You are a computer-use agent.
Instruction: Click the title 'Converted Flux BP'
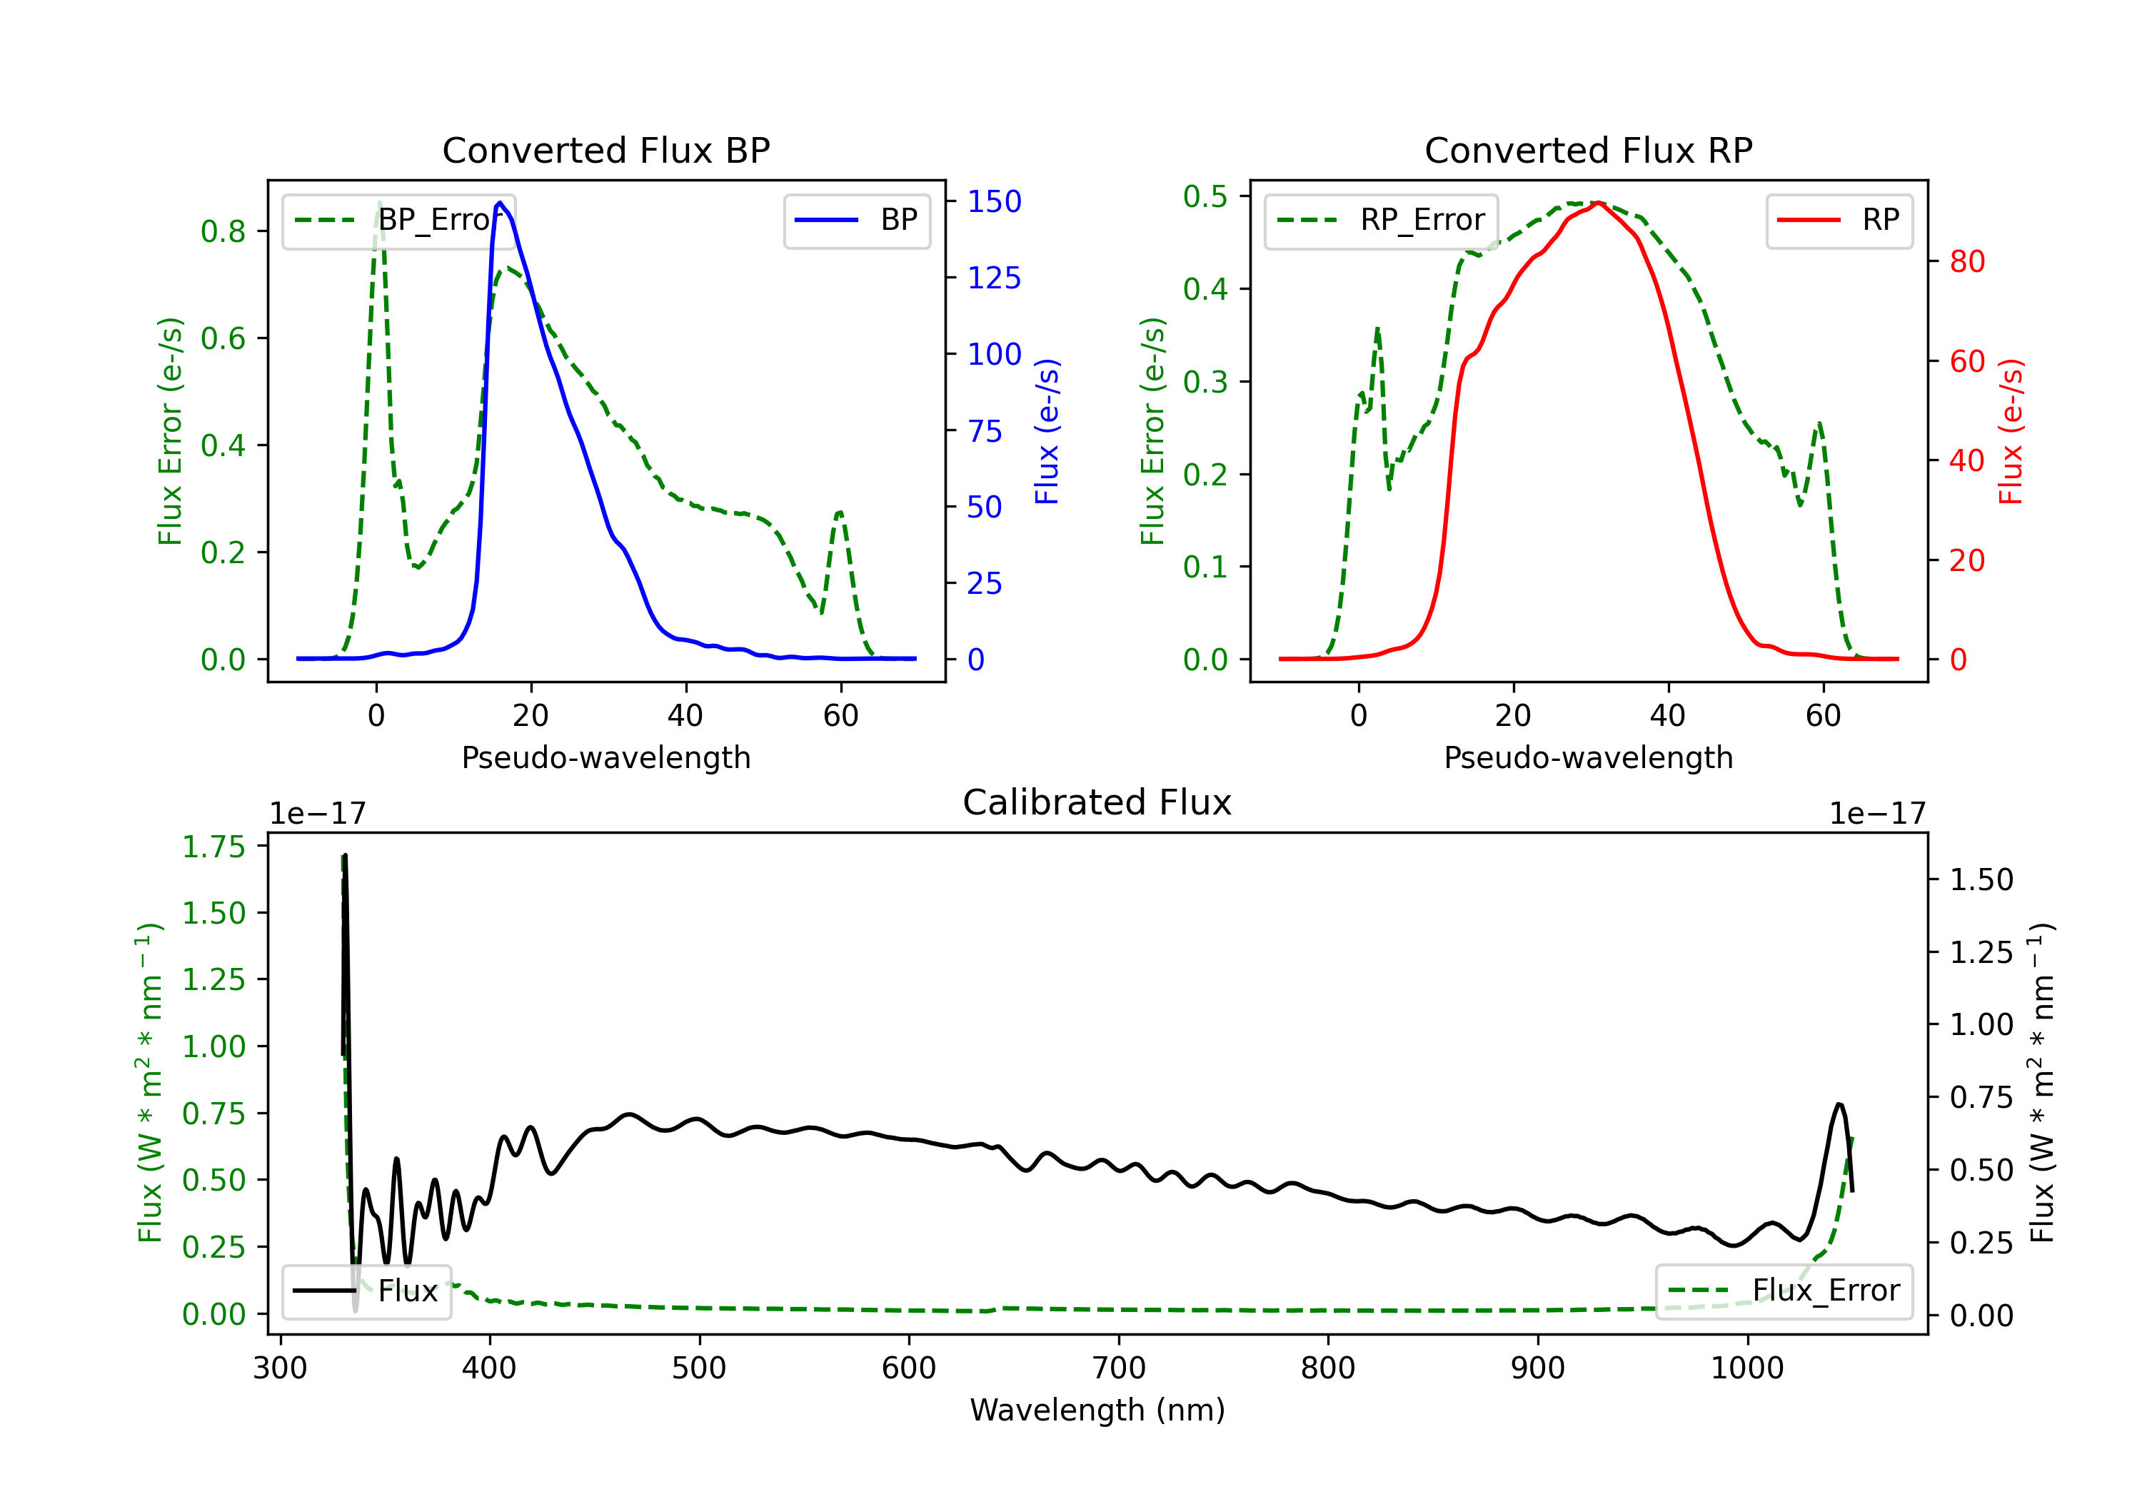605,150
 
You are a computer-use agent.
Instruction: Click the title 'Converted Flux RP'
1588,150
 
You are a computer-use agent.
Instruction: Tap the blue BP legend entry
856,220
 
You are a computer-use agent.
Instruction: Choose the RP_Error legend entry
1381,220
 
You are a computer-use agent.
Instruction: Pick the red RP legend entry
1839,220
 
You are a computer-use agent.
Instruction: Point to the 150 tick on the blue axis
994,201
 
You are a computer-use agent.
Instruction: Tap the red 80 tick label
1966,262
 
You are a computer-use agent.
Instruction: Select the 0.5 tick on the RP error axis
1205,197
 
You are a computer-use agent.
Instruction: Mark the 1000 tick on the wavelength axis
1746,1368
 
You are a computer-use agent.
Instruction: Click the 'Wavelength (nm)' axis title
1097,1410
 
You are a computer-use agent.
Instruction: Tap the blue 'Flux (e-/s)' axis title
1047,431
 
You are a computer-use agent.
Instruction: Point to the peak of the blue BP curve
500,203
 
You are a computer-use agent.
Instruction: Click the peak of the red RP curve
1598,203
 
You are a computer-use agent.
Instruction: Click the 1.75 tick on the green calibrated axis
213,847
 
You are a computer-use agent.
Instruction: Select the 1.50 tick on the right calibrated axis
1981,879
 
